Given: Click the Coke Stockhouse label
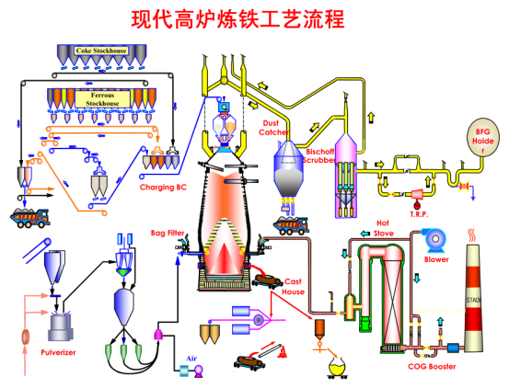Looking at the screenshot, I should pyautogui.click(x=102, y=50).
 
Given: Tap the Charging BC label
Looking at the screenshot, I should pyautogui.click(x=168, y=187).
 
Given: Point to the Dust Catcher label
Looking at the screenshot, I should pyautogui.click(x=273, y=127).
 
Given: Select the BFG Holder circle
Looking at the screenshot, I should pyautogui.click(x=482, y=135).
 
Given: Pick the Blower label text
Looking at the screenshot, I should pyautogui.click(x=436, y=259).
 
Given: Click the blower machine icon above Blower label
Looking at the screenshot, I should pyautogui.click(x=434, y=239).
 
